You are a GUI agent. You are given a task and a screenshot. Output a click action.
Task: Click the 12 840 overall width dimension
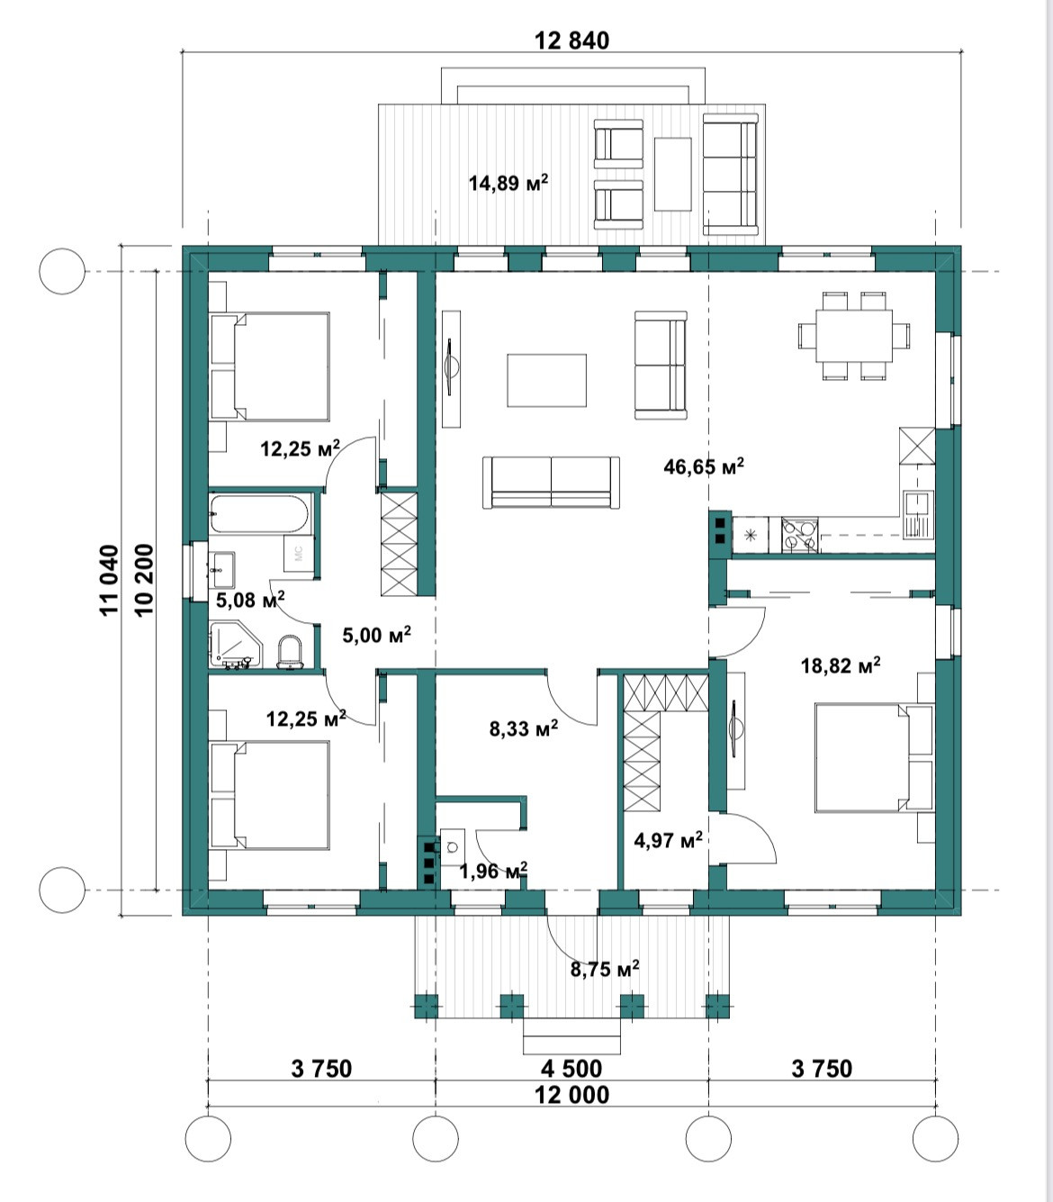(571, 41)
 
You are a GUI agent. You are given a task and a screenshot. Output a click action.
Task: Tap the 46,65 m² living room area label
(704, 466)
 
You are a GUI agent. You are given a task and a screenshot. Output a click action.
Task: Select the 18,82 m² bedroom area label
(841, 665)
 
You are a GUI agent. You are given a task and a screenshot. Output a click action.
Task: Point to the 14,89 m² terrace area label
(508, 183)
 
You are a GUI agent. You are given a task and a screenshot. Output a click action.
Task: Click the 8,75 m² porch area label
(605, 969)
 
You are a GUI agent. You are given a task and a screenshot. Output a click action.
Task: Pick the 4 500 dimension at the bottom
(571, 1069)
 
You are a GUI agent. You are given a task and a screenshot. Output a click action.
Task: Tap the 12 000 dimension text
(571, 1095)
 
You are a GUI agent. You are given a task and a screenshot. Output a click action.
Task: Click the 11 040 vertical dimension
(111, 580)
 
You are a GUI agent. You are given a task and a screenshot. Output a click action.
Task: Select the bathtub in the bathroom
(259, 514)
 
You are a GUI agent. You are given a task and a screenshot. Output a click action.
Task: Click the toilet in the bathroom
(290, 652)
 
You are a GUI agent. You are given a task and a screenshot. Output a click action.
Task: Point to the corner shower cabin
(236, 645)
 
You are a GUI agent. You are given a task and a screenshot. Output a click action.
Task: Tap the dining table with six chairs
(854, 336)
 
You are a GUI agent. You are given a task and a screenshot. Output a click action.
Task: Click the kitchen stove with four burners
(800, 535)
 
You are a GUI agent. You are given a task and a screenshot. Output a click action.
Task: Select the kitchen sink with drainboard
(918, 514)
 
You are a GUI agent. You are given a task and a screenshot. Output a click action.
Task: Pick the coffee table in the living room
(546, 380)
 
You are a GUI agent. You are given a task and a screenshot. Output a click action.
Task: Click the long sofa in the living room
(551, 483)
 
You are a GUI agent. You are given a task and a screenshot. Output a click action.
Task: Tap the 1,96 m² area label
(493, 871)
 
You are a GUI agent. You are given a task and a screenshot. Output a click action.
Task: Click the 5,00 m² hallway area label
(377, 635)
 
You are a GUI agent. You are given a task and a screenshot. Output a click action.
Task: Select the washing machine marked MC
(299, 553)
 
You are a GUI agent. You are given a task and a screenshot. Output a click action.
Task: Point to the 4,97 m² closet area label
(668, 840)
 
